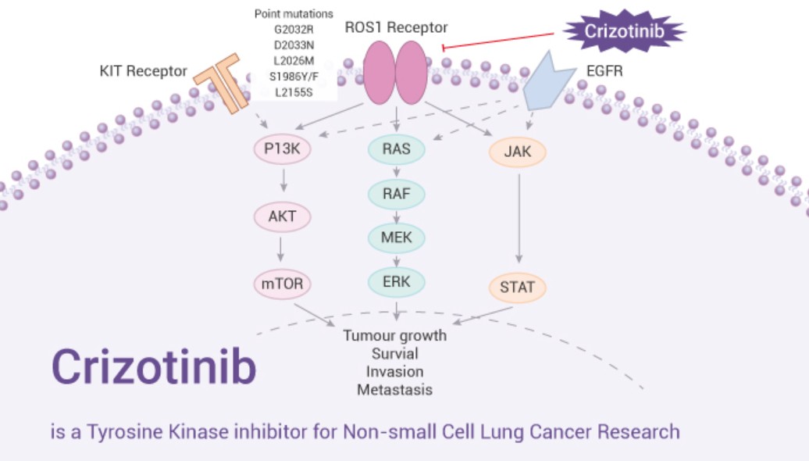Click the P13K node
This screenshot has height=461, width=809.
(283, 150)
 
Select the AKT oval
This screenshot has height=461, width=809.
(283, 216)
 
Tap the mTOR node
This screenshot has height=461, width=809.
(283, 285)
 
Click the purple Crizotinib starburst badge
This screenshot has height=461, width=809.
(625, 31)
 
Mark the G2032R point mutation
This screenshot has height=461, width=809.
(293, 30)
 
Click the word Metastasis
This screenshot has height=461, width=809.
(395, 388)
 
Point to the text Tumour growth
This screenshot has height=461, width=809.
(395, 336)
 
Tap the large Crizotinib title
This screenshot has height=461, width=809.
(154, 367)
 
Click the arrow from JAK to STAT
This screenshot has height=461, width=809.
(518, 219)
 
